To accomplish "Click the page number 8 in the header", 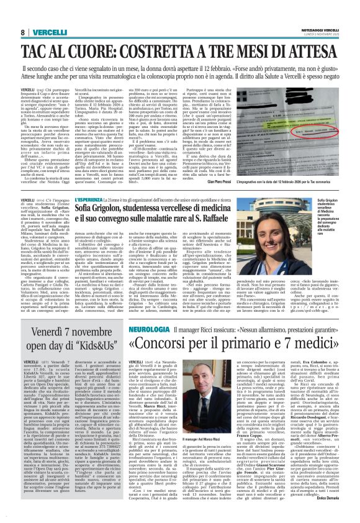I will coord(21,32).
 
